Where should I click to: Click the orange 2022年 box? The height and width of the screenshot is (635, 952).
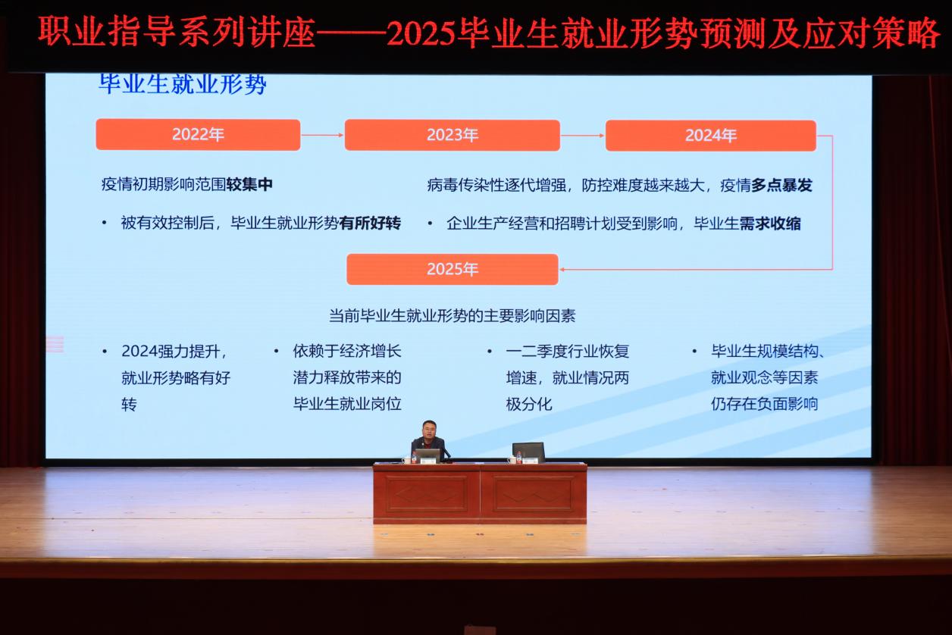[198, 135]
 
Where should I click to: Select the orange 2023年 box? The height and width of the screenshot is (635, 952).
[453, 135]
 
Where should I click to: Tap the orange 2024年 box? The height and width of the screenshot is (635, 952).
[711, 136]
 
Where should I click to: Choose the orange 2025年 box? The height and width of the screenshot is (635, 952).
[453, 269]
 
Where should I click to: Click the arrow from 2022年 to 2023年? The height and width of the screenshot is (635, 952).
[322, 135]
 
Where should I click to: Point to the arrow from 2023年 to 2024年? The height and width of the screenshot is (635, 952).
[582, 136]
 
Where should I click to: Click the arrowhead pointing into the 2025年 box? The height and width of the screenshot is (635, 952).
[562, 269]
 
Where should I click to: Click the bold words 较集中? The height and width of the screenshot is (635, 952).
[249, 184]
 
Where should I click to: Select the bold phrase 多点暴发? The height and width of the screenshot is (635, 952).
[781, 185]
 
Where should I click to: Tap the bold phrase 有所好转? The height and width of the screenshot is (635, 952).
[370, 223]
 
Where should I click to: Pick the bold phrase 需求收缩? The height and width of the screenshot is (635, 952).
[770, 224]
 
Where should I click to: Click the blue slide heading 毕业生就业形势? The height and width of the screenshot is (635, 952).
[183, 83]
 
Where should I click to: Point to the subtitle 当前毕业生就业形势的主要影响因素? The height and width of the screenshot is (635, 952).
[453, 315]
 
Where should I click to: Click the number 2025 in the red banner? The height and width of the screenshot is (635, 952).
[421, 33]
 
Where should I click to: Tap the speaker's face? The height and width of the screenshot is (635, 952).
[429, 430]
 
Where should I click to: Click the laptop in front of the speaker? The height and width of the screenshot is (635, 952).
[427, 455]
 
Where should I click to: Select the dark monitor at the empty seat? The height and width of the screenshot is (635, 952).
[528, 451]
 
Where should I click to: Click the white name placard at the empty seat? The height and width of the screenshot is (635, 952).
[530, 461]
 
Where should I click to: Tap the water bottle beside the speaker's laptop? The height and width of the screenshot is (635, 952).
[414, 458]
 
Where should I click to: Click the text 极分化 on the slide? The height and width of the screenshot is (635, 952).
[529, 404]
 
